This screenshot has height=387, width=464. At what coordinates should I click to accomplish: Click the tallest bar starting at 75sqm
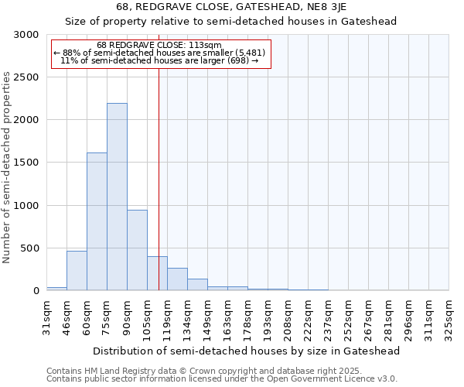(x=117, y=197)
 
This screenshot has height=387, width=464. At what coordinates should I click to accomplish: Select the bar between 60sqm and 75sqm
(x=97, y=221)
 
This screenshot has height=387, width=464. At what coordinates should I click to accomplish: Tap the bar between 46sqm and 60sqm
(x=77, y=270)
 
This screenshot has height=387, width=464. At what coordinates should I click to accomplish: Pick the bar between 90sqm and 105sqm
(x=137, y=250)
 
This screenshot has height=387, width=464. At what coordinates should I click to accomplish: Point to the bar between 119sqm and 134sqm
(x=177, y=279)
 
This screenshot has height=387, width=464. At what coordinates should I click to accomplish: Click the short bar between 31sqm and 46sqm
(x=56, y=289)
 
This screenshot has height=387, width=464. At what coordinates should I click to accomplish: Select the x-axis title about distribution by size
(x=247, y=351)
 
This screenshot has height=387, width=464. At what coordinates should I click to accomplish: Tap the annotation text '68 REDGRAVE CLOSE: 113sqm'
(x=160, y=45)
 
